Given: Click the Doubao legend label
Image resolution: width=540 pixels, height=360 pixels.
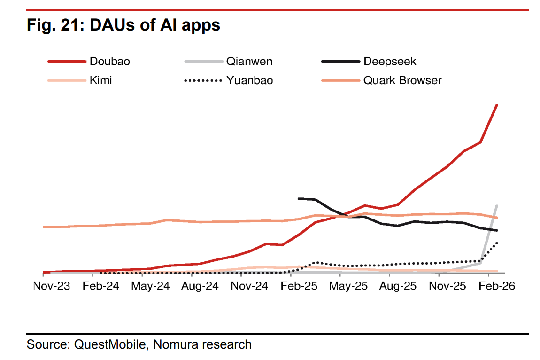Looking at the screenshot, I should pos(109,61).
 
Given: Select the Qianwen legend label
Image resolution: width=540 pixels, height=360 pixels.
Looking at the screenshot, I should pos(249,61).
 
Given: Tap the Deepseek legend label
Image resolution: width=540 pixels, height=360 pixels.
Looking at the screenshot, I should pos(389,61).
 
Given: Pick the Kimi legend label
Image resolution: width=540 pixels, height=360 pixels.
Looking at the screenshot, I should pos(100,80).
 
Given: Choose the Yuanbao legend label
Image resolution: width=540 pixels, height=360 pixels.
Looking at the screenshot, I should pos(249,80).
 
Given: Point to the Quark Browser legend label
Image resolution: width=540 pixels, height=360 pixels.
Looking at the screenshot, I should pos(402,80).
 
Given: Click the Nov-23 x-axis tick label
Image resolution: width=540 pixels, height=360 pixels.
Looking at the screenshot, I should pos(52,286).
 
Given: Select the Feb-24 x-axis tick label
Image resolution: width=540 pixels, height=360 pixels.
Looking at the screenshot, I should pos(101,286).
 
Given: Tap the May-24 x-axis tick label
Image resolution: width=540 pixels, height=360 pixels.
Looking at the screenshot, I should pos(150,286).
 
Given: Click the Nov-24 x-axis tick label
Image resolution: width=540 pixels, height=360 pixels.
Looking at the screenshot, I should pos(250,286).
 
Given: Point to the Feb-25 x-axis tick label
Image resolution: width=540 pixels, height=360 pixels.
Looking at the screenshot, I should pos(299,286).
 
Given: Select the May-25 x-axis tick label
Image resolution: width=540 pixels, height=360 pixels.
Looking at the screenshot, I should pos(348,286).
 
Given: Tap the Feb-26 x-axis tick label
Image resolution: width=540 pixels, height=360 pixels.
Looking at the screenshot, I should pos(497,286).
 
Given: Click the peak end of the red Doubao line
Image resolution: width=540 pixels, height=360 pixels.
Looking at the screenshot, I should pos(497,105).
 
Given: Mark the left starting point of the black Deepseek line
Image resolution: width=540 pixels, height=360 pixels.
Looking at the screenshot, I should pos(299,198).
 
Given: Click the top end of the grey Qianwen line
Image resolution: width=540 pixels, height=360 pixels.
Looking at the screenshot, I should pos(497,205).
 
